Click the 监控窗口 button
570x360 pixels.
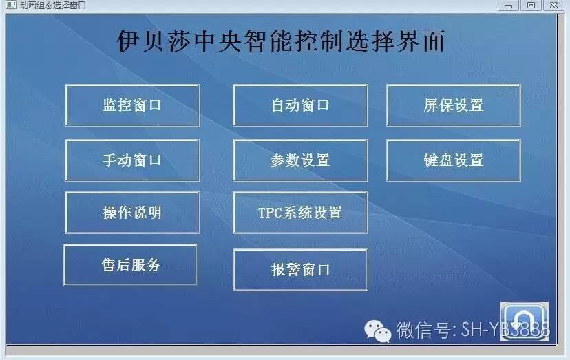(132, 105)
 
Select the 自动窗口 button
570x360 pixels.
(300, 105)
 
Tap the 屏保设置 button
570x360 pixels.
(454, 105)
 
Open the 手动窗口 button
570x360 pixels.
(132, 160)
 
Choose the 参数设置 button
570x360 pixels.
(300, 160)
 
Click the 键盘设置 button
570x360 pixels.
(454, 160)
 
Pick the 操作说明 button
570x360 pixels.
(132, 213)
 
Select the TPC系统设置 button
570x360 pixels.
(300, 213)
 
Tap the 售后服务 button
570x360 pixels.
(131, 265)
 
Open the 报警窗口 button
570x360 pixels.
(301, 270)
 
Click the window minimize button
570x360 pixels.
(508, 6)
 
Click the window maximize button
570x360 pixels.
(531, 6)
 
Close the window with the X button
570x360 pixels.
(553, 6)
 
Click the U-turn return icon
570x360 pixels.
(525, 322)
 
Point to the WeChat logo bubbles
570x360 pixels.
(378, 331)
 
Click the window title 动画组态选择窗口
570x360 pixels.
(53, 6)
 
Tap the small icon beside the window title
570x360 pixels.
(11, 5)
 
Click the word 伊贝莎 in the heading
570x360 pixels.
(154, 41)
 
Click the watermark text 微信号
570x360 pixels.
(423, 330)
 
